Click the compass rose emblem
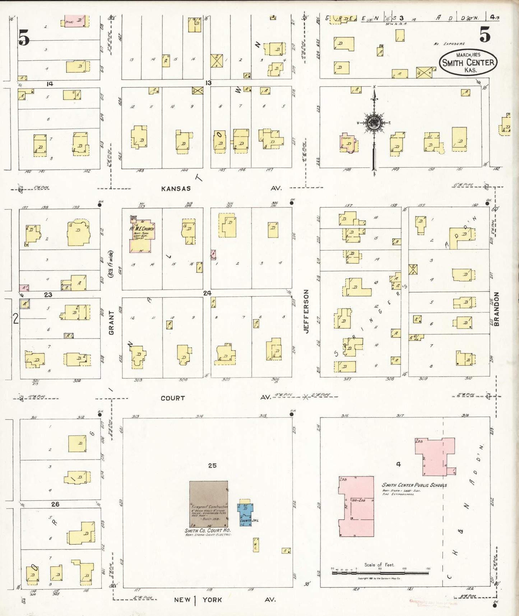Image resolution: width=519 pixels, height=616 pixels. click(x=374, y=123)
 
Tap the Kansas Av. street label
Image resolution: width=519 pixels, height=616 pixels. click(x=176, y=188)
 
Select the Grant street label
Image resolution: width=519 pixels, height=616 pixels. click(x=111, y=323)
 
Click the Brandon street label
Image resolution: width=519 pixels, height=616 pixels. click(x=497, y=309)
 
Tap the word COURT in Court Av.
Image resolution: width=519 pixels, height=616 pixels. click(x=172, y=398)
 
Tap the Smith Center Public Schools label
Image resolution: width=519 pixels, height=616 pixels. click(x=414, y=485)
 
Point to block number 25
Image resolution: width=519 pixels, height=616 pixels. click(x=212, y=465)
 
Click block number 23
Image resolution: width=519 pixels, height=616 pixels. click(x=48, y=295)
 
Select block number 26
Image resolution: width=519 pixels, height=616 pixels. click(x=55, y=504)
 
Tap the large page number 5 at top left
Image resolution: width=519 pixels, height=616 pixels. click(x=24, y=37)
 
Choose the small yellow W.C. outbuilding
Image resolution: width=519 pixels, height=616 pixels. click(x=255, y=545)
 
